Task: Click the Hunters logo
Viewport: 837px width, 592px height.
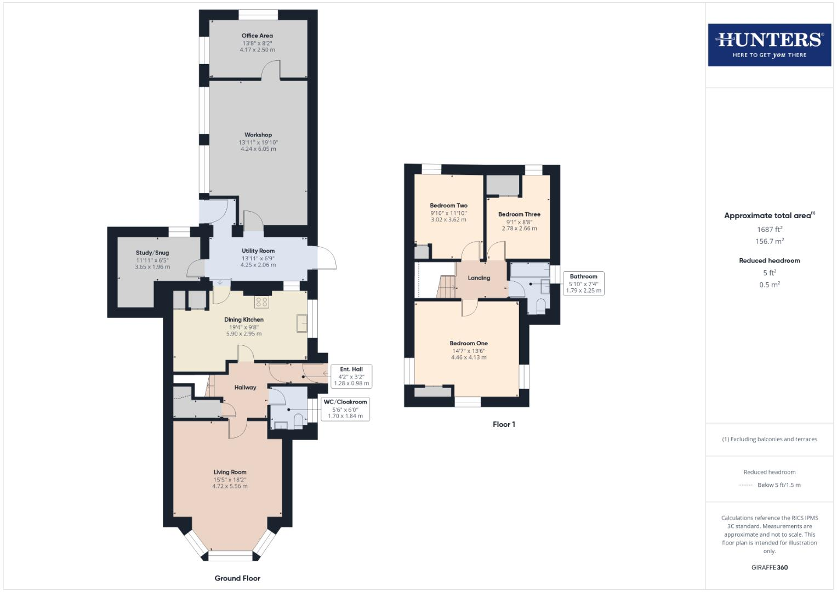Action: [769, 44]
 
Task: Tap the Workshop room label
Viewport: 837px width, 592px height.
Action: [258, 135]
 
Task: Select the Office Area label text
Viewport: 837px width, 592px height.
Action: [257, 36]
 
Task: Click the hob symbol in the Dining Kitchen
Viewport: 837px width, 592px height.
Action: [261, 301]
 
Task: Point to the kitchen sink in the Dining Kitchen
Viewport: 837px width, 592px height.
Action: [302, 323]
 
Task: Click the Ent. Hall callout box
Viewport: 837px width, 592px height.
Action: [351, 376]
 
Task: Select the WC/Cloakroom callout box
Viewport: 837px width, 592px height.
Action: [345, 409]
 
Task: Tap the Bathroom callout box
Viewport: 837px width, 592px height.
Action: [583, 283]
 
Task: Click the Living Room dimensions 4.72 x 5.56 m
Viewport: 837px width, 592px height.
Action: [230, 486]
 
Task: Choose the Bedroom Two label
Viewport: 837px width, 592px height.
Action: [448, 206]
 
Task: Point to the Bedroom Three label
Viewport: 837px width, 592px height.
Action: [519, 214]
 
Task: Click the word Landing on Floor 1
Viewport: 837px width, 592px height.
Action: [479, 278]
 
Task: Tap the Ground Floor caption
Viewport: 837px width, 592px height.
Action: [237, 578]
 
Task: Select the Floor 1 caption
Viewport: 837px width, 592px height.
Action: [504, 424]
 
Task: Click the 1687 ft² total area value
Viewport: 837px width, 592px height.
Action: [770, 229]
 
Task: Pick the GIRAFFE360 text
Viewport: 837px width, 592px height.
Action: [769, 567]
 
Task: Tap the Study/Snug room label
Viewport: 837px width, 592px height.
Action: [152, 253]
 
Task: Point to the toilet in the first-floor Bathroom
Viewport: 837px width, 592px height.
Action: [541, 306]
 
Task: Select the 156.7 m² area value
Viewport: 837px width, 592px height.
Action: [770, 241]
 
